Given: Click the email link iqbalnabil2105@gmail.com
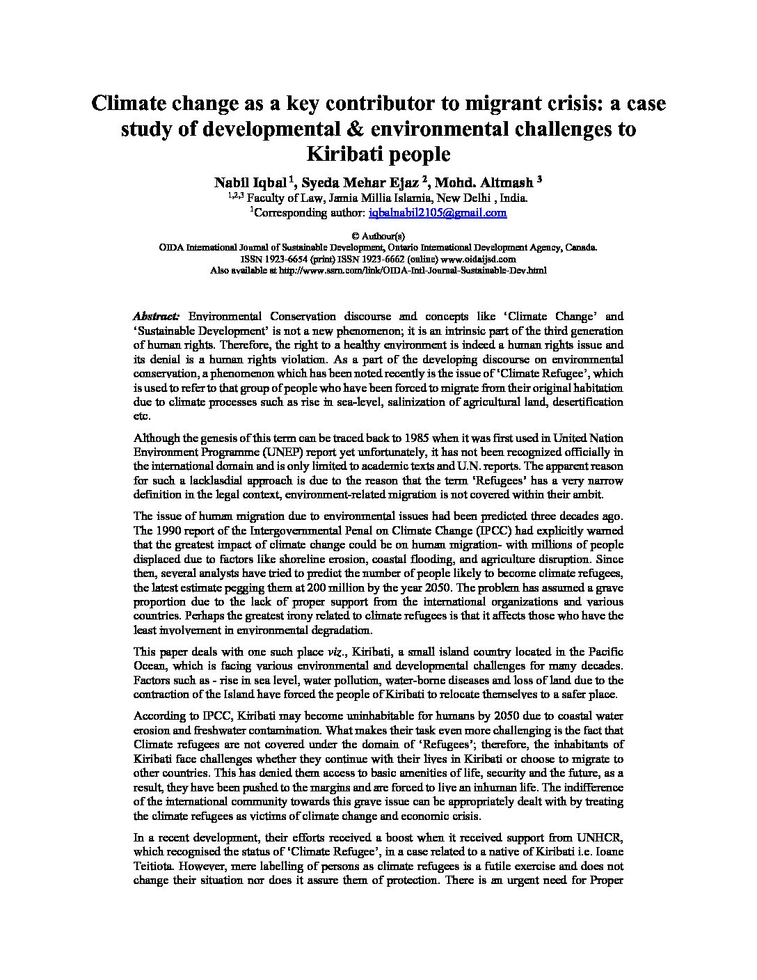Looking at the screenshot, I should (x=438, y=212).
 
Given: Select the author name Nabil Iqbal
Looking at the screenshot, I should (x=250, y=182).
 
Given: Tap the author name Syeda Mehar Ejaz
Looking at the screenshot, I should (x=360, y=182).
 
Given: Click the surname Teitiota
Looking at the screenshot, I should (x=154, y=866).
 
